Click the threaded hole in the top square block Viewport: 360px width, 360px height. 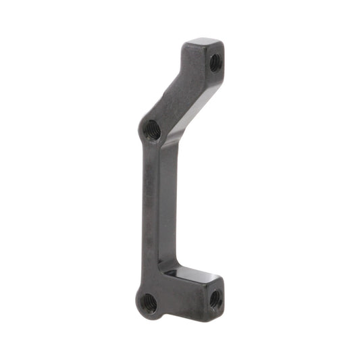215,63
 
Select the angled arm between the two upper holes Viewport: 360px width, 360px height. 179,95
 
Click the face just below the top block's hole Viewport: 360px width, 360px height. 215,76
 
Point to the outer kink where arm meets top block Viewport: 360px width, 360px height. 181,62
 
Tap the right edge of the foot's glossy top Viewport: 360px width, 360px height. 217,276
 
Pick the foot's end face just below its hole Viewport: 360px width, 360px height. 215,307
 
